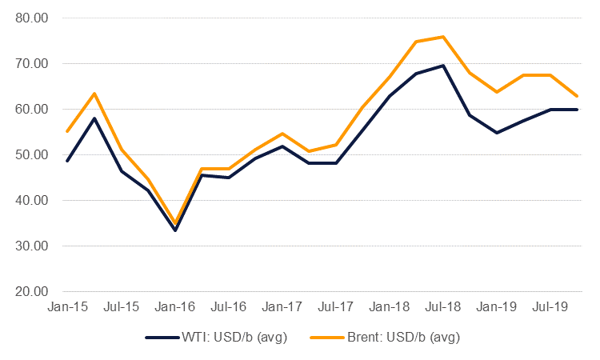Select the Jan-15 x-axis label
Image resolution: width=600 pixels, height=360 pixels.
point(67,306)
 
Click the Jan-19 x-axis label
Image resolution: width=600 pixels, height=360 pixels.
point(497,306)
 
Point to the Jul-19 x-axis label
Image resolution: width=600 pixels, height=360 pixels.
point(550,306)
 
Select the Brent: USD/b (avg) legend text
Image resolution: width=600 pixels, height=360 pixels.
point(402,337)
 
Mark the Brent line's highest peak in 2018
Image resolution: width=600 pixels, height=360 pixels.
point(443,37)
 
